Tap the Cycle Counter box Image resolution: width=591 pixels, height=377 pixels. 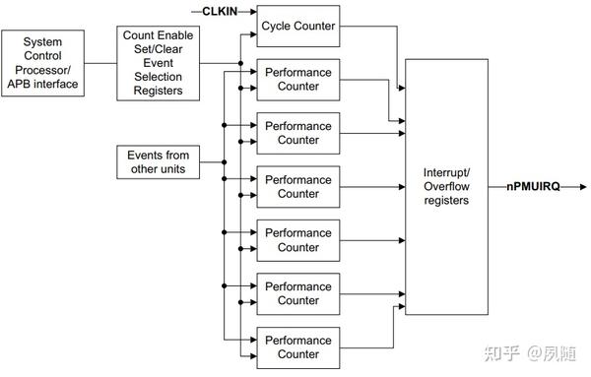[297, 26]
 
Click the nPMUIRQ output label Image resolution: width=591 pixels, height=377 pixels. [533, 186]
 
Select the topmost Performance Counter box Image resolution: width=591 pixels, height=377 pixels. [297, 79]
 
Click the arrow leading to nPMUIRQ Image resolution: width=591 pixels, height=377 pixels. [491, 186]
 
